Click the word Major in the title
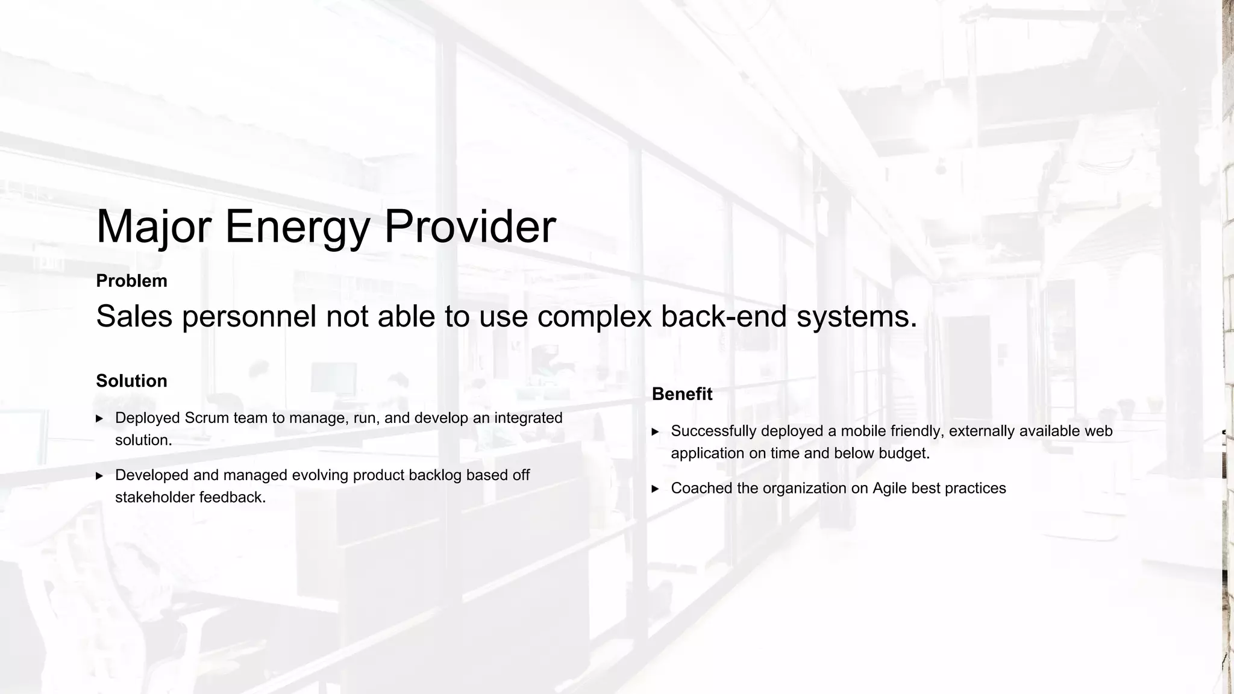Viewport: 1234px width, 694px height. [154, 227]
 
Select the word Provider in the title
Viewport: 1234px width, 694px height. [469, 227]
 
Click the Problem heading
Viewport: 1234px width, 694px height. [131, 281]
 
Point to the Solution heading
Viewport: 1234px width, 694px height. [131, 381]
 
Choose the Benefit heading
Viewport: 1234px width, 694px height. [682, 394]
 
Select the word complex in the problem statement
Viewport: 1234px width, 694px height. [594, 316]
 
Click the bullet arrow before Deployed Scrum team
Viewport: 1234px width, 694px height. [99, 419]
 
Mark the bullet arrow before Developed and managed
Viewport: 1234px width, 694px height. [99, 476]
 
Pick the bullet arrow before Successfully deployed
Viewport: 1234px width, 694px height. [656, 432]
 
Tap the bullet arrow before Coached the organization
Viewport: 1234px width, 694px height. [656, 489]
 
